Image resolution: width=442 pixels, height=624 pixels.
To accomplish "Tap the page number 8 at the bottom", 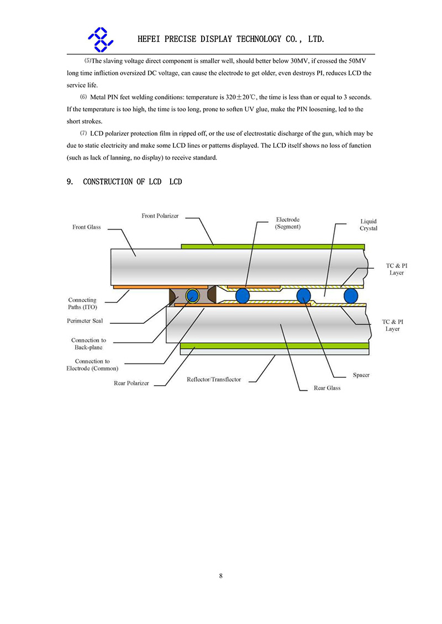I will click(221, 576).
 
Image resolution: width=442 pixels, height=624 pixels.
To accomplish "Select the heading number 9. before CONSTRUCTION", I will click(70, 182).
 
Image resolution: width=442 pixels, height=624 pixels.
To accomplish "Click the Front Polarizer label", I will click(160, 216).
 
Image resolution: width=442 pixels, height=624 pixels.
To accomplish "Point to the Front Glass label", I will click(87, 227).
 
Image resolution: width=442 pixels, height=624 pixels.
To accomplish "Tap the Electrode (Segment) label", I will click(288, 223).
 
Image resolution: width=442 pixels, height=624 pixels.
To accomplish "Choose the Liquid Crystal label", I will click(369, 225).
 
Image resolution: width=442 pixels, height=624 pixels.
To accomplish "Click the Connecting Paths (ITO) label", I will click(82, 303).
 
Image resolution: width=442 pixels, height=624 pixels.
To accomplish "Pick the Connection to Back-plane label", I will click(88, 344).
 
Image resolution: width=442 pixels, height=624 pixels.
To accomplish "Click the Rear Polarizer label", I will click(131, 383).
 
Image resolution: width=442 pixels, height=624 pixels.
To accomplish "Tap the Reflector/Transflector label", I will click(214, 380).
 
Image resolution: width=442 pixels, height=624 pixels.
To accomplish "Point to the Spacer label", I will click(361, 375).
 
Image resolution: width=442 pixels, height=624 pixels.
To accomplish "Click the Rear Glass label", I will click(327, 388).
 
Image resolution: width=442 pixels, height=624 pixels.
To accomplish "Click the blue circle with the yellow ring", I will click(192, 295).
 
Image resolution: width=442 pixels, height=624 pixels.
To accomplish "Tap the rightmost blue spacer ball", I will click(350, 296).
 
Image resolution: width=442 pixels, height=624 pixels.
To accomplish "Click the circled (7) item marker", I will click(83, 133).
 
